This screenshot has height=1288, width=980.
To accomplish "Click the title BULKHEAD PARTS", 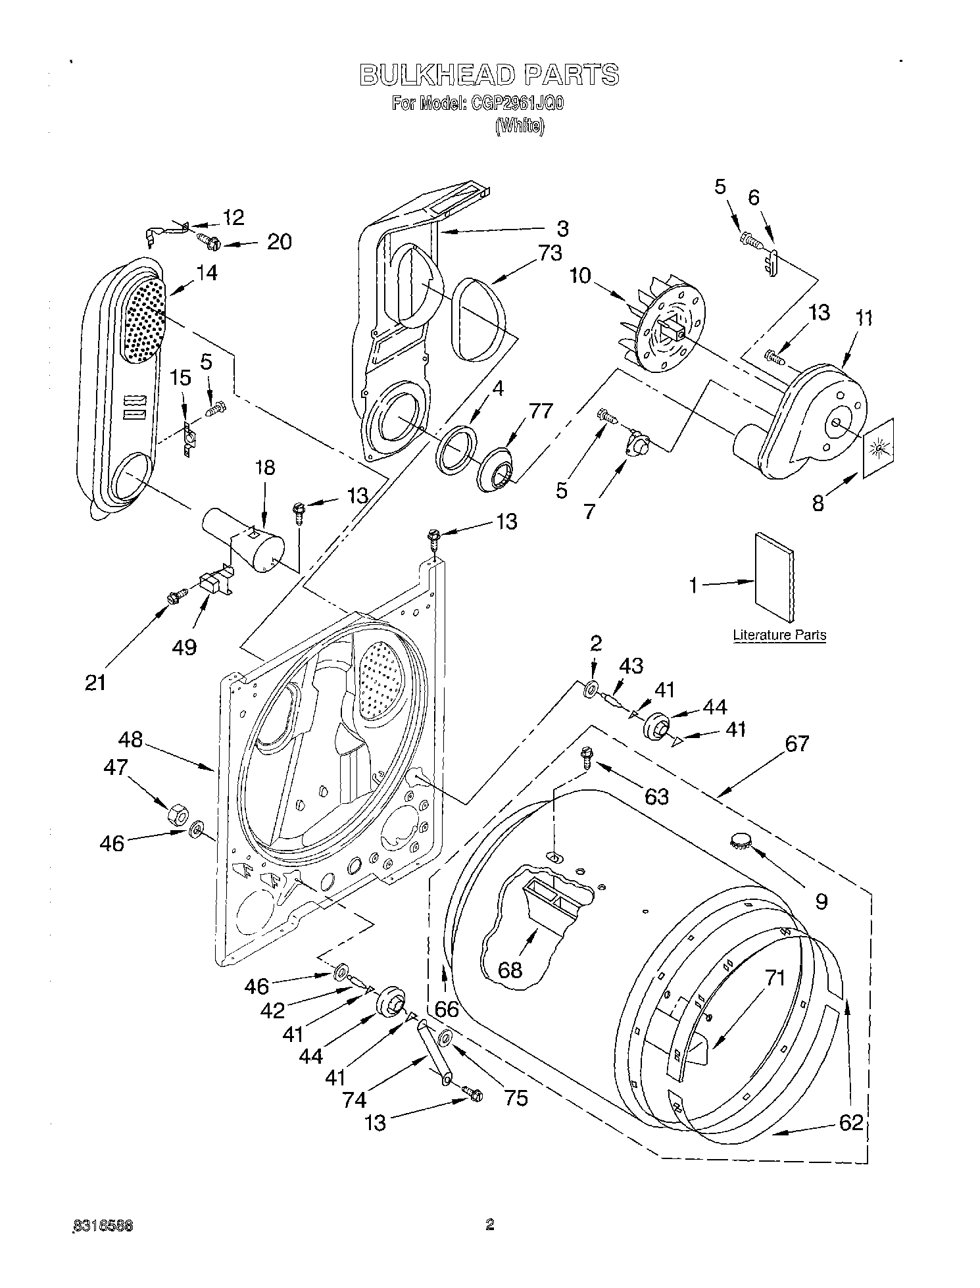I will (489, 76).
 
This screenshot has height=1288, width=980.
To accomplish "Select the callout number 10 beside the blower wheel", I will (580, 276).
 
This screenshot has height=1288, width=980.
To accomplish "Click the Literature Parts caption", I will (779, 635).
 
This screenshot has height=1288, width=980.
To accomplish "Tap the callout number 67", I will (796, 744).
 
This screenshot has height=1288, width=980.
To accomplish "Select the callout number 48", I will (131, 739).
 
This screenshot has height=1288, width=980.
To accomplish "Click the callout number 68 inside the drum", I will (510, 969).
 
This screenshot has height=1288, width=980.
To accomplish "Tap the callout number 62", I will (850, 1122).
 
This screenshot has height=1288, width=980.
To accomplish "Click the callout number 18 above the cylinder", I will (265, 468).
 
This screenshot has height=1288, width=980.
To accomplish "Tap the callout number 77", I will (541, 411).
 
